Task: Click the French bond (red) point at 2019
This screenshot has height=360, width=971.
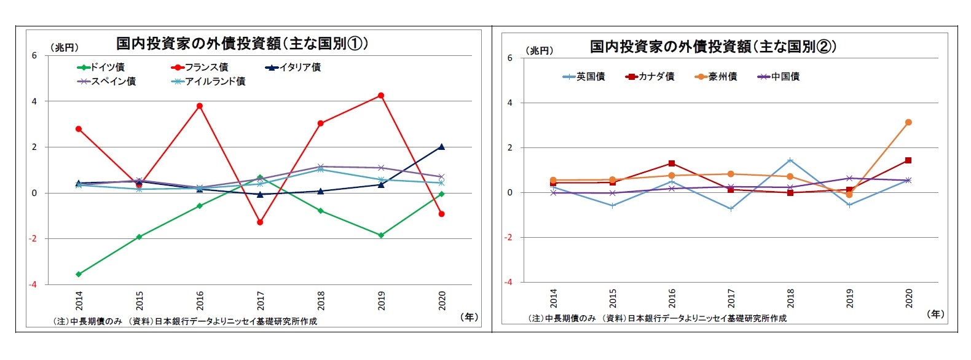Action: click(381, 95)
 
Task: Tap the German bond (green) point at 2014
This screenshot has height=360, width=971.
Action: click(79, 274)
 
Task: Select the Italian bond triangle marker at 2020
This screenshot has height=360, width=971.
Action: click(441, 147)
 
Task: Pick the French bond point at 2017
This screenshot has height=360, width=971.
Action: click(260, 222)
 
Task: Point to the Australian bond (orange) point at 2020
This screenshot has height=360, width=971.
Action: click(908, 122)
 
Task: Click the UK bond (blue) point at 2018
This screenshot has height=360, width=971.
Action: click(790, 161)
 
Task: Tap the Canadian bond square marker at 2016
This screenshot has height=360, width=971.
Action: click(672, 163)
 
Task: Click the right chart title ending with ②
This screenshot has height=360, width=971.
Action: click(713, 46)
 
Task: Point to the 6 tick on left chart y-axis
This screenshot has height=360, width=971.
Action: click(34, 56)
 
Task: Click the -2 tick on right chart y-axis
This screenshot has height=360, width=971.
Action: click(508, 237)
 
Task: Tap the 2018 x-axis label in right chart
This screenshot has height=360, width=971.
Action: click(790, 298)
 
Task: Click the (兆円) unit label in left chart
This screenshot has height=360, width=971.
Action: click(63, 47)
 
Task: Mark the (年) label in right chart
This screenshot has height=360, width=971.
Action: click(935, 314)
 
